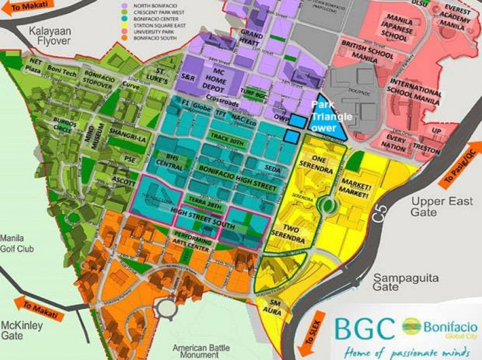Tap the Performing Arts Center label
[194, 238]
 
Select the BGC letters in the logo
[364, 329]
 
